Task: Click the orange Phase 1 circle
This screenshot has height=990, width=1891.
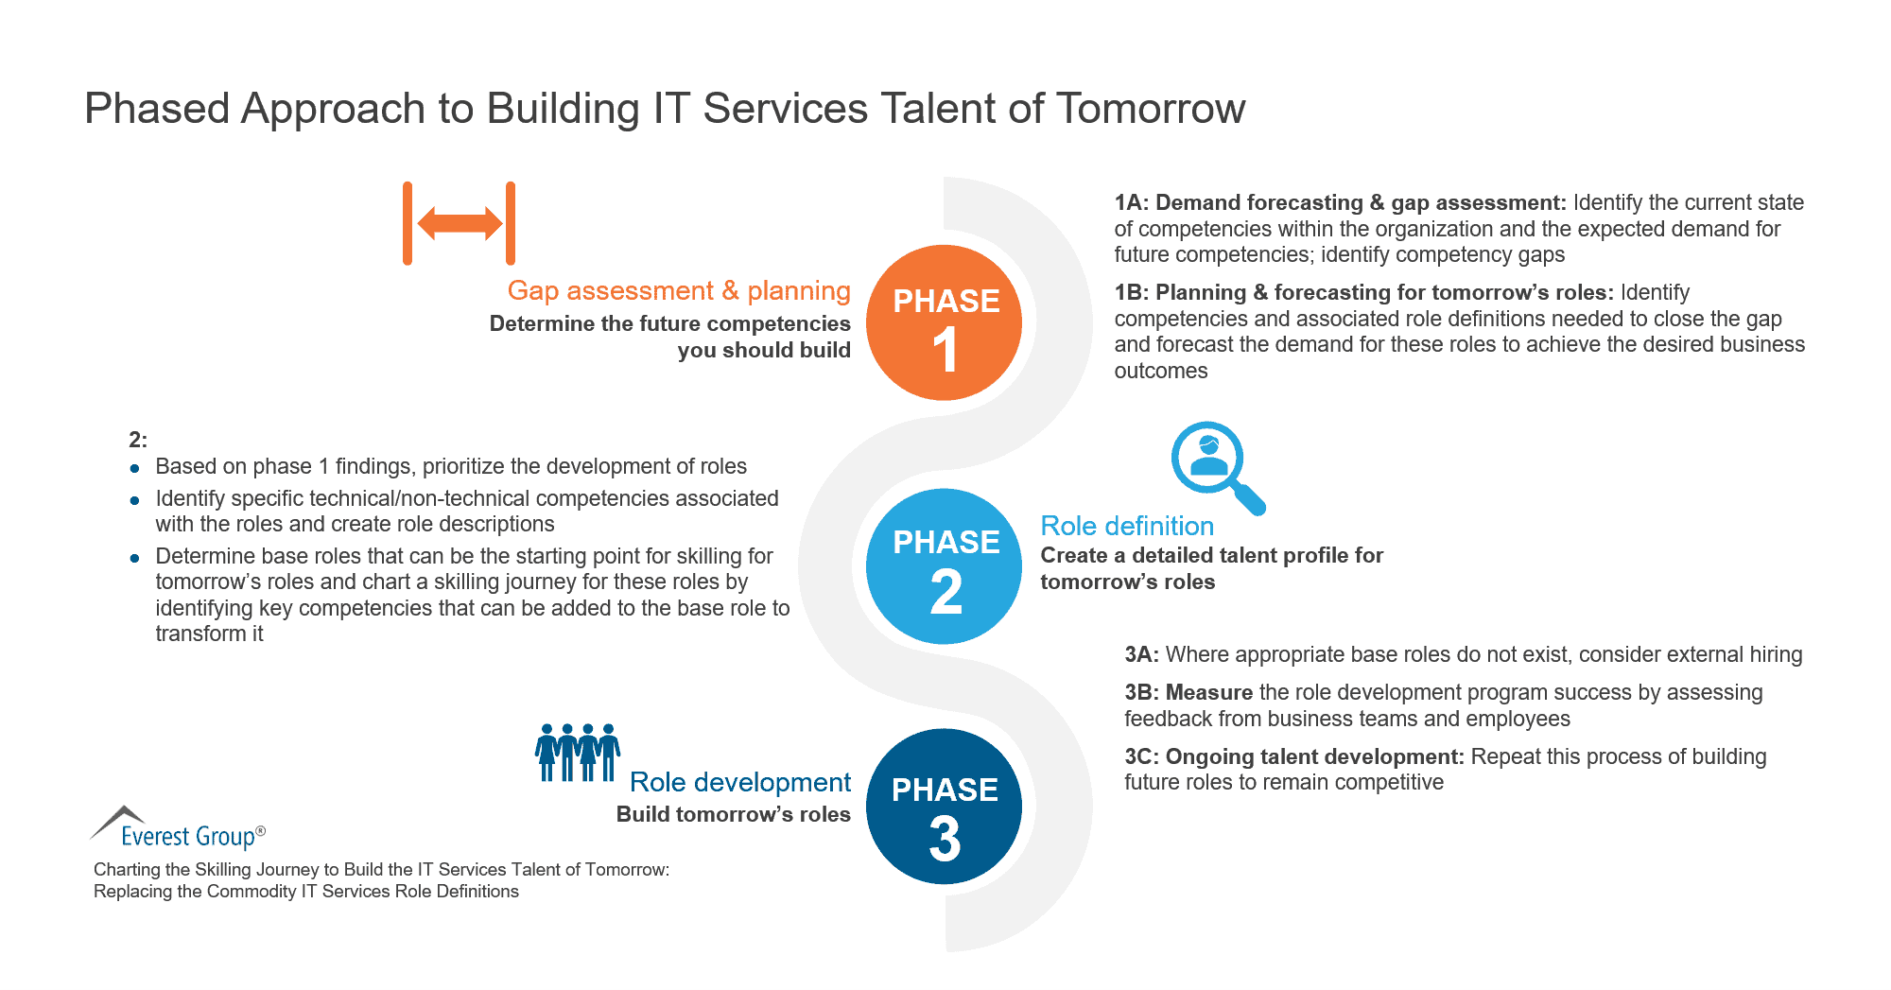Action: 944,322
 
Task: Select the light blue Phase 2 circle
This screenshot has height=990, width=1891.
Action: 944,565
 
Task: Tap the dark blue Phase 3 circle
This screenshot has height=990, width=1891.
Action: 944,807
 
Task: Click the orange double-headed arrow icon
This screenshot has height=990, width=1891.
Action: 460,223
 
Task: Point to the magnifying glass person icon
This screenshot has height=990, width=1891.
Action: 1213,464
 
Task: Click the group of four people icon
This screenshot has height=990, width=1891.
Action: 578,753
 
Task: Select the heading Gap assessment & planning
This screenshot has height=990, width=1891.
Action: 678,290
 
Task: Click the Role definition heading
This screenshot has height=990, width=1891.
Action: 1126,526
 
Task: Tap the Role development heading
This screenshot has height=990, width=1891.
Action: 739,782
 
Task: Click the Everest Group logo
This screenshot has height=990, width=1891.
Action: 180,828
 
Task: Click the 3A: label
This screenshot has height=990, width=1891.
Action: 1141,654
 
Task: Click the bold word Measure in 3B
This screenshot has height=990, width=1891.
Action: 1208,692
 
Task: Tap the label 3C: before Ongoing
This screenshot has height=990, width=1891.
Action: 1141,756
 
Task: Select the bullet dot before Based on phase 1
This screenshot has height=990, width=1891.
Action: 135,468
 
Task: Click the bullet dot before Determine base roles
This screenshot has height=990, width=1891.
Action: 135,558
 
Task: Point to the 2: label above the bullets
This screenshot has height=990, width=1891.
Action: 138,440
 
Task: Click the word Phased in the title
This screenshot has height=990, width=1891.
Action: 157,108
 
